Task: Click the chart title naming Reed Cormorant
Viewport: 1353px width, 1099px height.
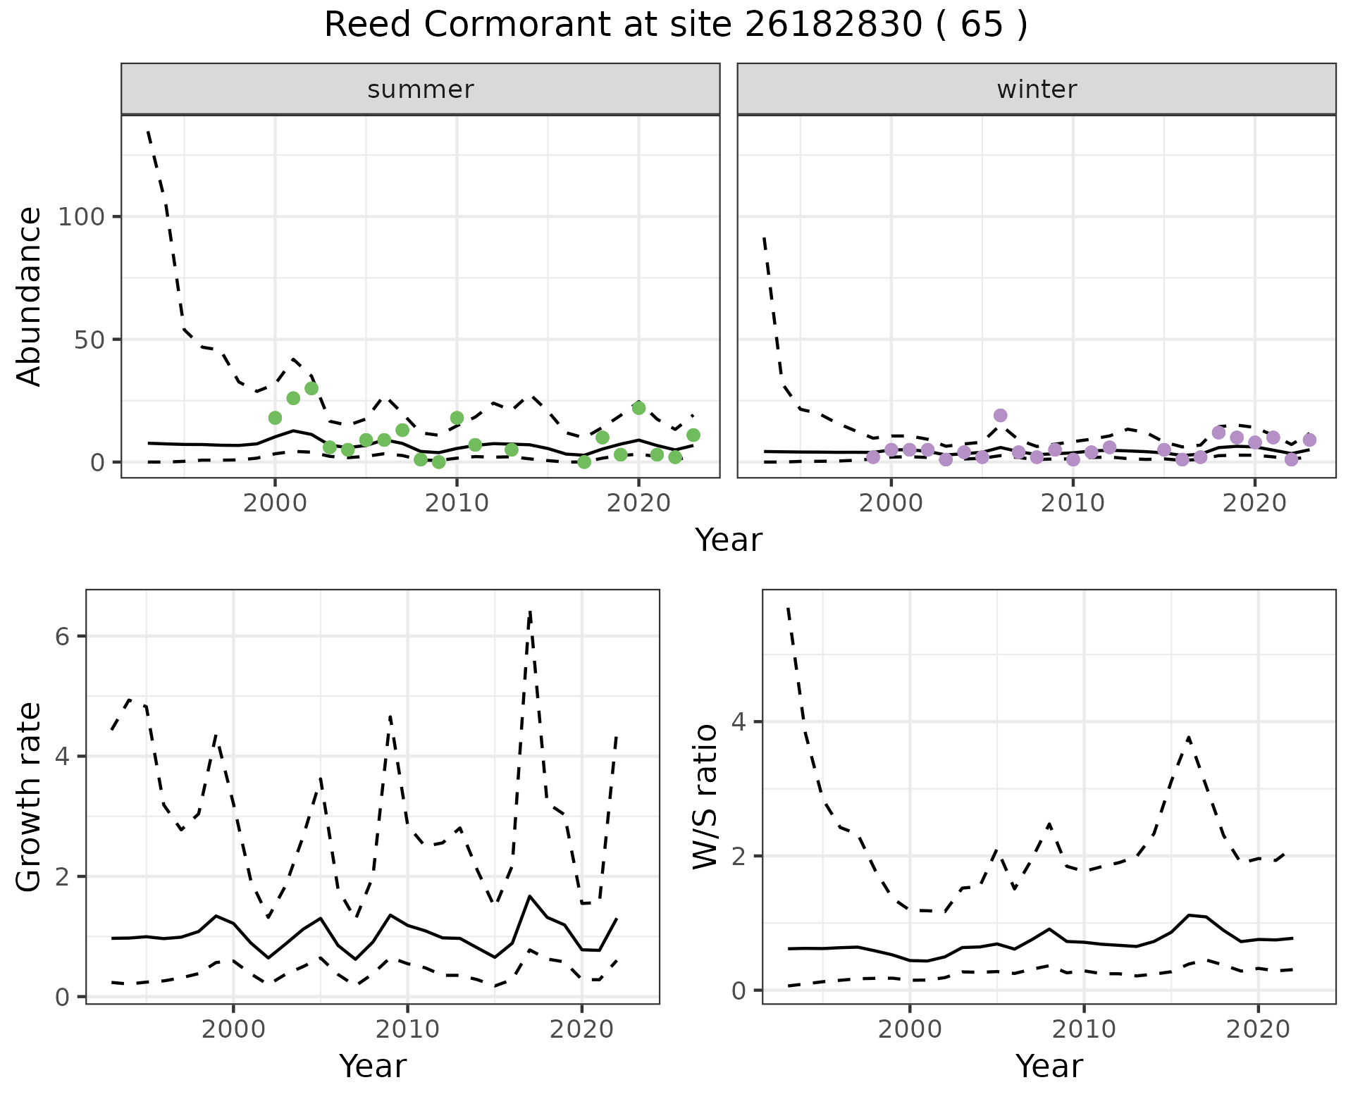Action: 675,25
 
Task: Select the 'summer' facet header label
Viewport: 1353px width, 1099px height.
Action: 421,89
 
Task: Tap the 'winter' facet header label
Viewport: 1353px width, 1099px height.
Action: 1037,89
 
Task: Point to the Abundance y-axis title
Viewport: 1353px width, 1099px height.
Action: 30,297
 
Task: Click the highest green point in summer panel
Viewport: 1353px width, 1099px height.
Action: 311,388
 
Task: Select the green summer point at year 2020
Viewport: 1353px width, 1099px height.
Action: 638,408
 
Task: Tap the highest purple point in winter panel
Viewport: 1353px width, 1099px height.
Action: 1001,416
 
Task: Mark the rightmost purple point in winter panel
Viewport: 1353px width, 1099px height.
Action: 1309,440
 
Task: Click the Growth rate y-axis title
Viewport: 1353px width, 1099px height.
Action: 30,797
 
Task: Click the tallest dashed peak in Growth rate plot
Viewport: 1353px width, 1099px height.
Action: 530,611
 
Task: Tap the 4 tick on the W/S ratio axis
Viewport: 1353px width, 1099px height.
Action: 739,722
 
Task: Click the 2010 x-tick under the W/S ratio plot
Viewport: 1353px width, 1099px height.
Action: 1085,1029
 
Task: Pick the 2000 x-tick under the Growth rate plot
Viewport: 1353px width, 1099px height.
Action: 233,1029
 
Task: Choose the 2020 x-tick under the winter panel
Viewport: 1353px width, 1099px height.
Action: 1254,503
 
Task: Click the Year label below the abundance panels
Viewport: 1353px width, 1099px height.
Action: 729,540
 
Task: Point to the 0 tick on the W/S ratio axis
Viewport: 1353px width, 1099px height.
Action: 739,991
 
